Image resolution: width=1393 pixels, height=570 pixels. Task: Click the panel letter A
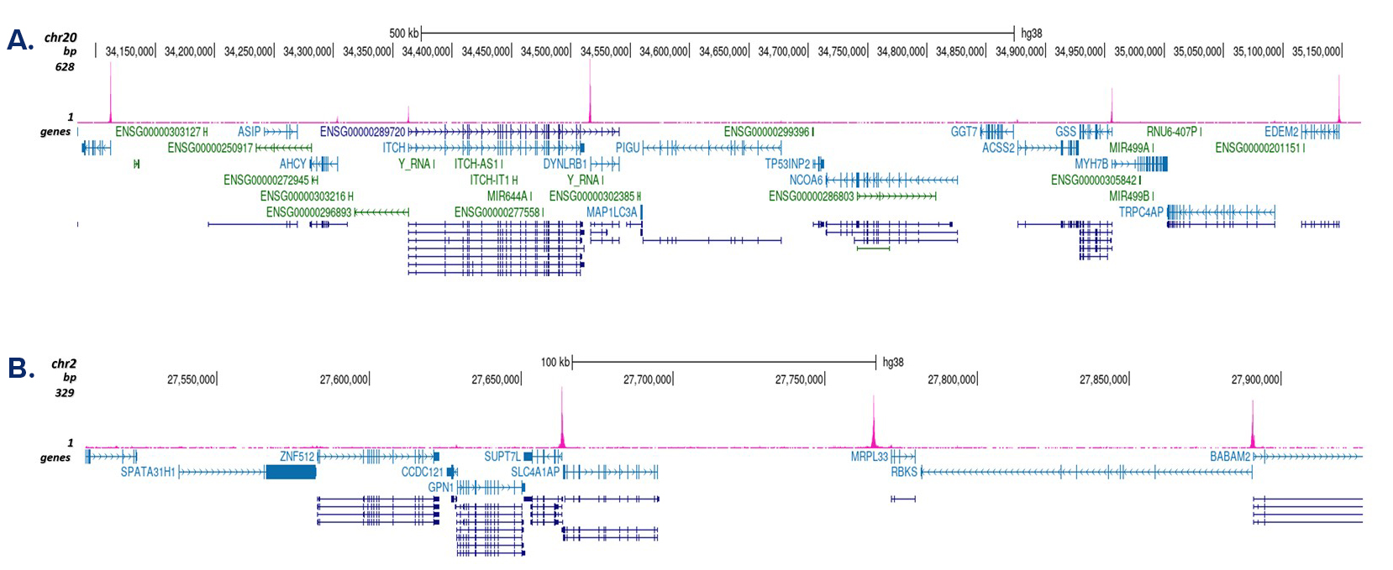click(19, 39)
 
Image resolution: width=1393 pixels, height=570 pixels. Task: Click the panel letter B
click(20, 368)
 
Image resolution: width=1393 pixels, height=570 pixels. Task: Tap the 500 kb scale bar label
click(403, 34)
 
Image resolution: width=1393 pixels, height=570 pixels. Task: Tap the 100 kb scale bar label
click(555, 362)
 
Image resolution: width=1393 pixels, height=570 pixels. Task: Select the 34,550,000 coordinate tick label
click(604, 51)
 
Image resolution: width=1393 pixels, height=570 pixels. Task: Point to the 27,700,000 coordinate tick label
click(647, 379)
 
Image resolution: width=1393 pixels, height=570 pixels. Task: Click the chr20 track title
click(60, 38)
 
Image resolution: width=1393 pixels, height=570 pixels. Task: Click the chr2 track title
click(64, 363)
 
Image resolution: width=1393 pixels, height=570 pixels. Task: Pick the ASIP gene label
click(249, 132)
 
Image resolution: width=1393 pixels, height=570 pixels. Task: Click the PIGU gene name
click(628, 148)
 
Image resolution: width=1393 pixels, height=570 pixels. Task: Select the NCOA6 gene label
click(806, 180)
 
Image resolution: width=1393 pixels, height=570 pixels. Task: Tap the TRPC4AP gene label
click(1141, 212)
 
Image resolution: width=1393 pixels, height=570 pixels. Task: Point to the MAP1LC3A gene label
click(612, 212)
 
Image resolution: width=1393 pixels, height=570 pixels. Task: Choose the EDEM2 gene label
click(1281, 132)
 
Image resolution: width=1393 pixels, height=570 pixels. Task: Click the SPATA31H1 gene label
click(148, 472)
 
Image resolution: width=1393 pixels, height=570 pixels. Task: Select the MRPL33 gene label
click(869, 457)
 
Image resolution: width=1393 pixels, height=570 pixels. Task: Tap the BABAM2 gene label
click(1230, 457)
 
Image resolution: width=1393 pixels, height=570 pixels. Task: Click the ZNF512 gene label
click(297, 457)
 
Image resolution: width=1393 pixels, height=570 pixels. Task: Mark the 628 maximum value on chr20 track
click(65, 66)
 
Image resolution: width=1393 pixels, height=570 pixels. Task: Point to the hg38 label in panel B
click(893, 362)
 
